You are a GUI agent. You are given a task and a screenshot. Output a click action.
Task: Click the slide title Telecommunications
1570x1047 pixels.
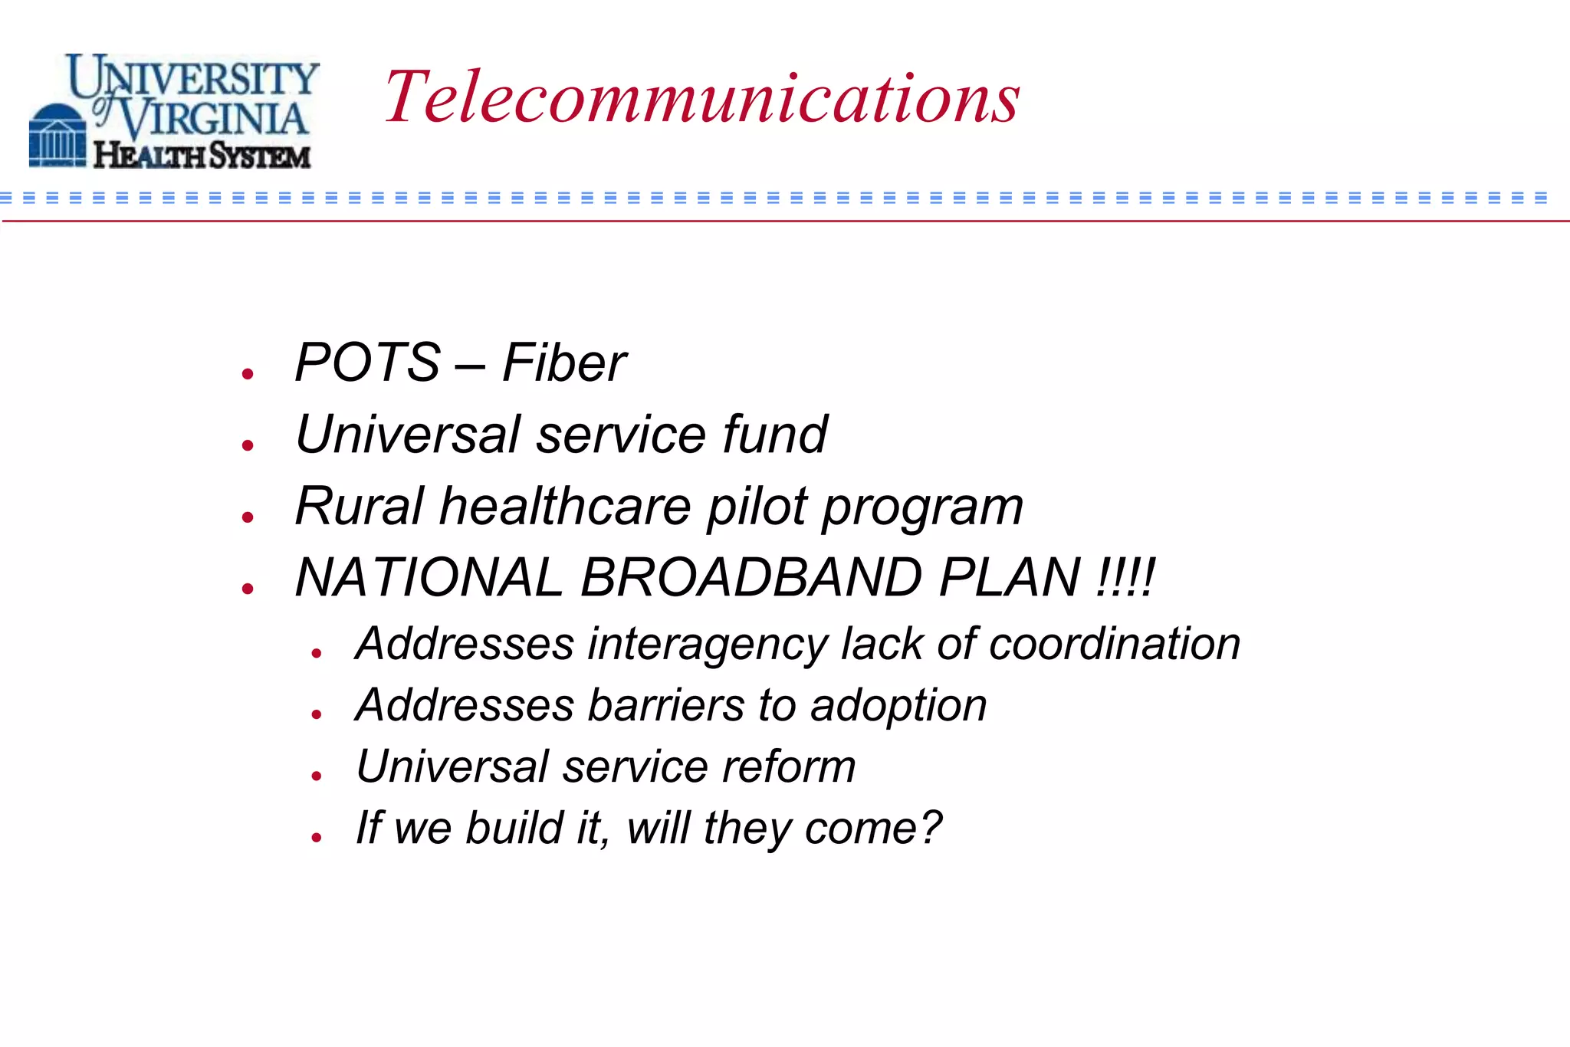701,97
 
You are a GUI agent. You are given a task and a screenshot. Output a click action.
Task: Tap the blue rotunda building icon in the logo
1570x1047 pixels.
57,136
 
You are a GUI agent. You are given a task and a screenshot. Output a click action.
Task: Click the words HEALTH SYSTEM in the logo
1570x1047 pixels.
202,156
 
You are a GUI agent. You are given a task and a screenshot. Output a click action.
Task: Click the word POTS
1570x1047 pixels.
367,363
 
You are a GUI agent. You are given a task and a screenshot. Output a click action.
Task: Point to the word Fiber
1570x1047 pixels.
564,363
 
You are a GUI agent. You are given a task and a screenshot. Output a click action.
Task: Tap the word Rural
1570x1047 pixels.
359,507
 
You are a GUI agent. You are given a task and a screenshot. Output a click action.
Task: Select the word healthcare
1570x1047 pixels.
565,507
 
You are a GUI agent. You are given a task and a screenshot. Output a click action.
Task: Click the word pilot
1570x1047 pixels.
757,507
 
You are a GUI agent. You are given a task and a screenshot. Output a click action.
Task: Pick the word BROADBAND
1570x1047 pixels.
751,577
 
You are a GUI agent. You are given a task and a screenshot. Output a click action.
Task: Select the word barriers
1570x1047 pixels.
666,705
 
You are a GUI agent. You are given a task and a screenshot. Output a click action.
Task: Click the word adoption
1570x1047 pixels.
898,705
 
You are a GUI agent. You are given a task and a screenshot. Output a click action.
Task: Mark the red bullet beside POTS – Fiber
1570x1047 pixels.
247,374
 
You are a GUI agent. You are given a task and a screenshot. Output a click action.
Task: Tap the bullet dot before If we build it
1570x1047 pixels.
317,838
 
